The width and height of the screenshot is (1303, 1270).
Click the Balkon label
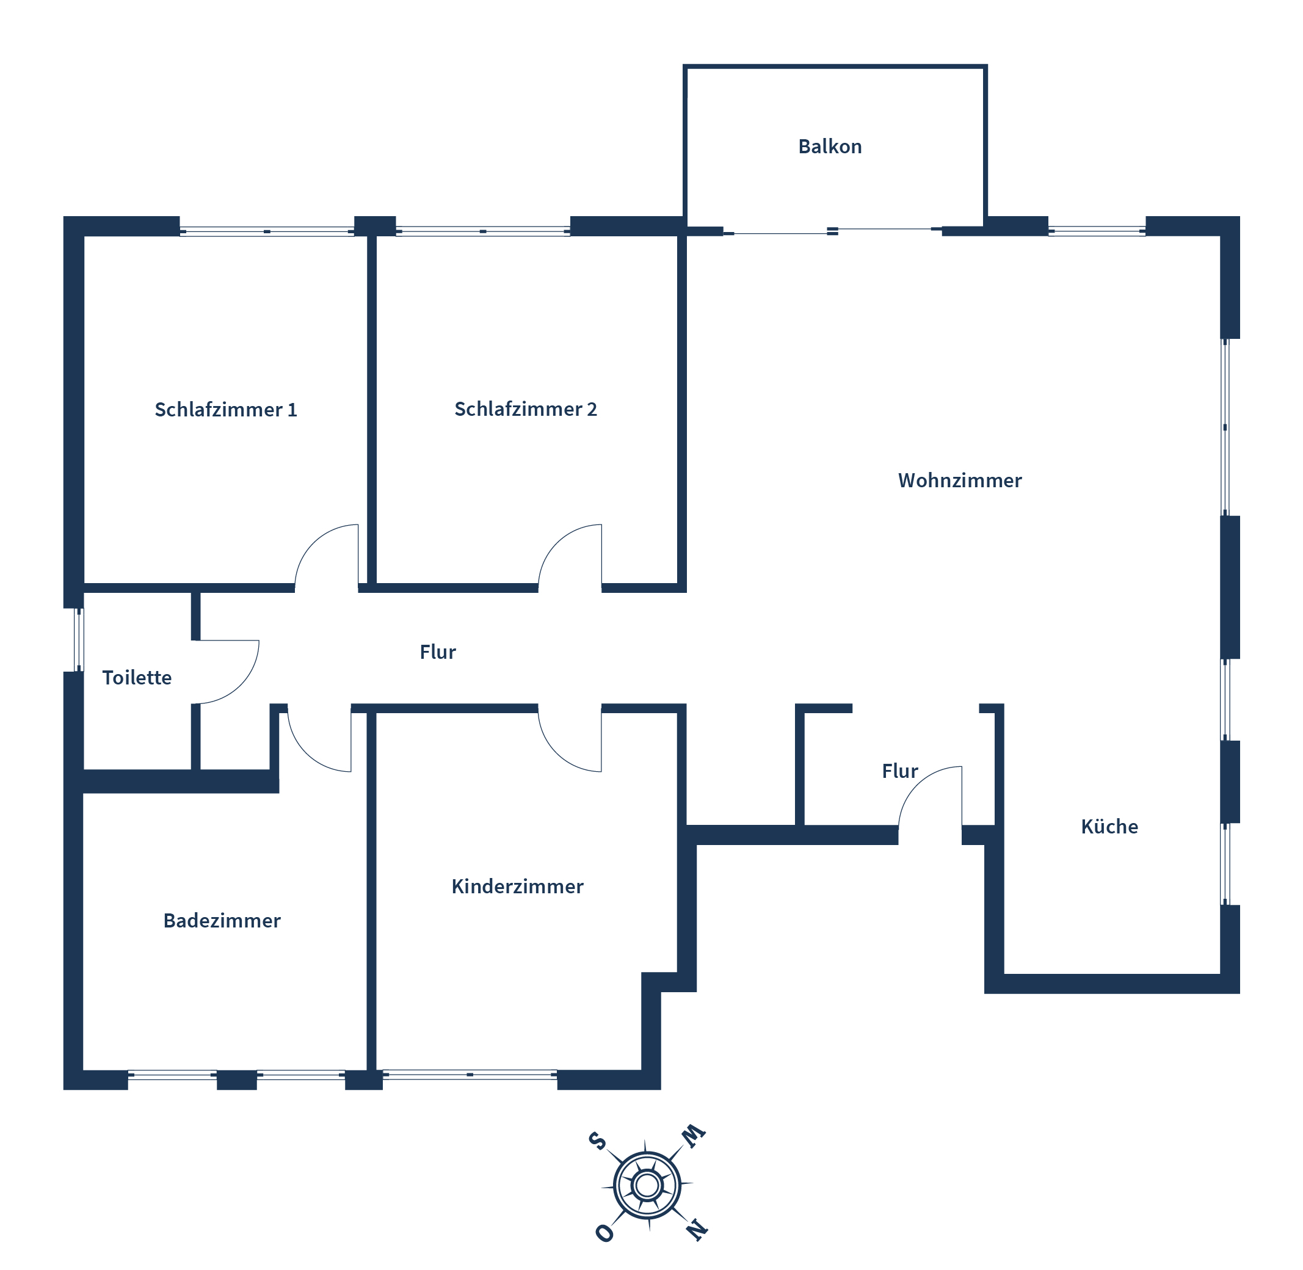pos(829,146)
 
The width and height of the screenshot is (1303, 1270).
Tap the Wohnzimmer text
pos(959,481)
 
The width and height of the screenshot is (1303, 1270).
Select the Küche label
pos(1109,827)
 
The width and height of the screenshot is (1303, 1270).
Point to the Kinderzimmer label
pos(517,887)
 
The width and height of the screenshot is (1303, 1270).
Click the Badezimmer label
pos(222,921)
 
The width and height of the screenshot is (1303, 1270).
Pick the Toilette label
pos(137,678)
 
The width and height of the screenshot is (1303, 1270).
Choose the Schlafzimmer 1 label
pos(225,410)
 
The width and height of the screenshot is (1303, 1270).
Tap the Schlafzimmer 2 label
pos(525,409)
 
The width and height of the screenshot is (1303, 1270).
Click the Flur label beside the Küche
pos(899,771)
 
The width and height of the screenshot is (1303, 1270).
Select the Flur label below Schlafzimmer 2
pos(438,651)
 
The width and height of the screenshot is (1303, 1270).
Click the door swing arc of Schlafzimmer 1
pos(314,543)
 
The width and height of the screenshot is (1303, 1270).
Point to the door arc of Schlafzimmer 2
pos(557,543)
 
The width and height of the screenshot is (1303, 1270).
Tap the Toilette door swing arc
pos(240,685)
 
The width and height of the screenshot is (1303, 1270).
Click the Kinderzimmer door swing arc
pos(557,753)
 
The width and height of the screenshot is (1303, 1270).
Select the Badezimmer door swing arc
pos(307,753)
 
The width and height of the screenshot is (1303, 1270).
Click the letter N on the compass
pos(697,1228)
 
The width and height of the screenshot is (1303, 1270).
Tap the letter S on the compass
pos(597,1140)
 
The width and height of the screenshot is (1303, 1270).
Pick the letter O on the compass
pos(604,1233)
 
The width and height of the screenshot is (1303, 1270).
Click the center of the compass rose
pos(647,1185)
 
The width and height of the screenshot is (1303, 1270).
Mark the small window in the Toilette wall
pos(79,640)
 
